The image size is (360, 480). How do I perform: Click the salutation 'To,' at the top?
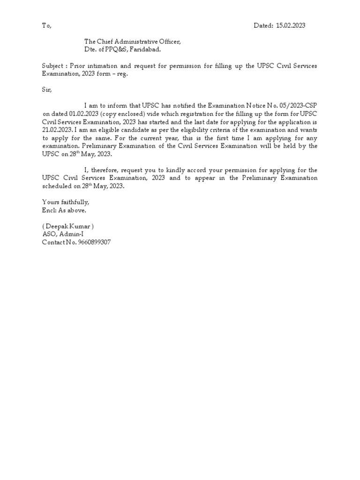coord(46,26)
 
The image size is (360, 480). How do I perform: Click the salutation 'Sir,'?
coord(47,89)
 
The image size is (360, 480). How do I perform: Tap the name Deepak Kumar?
coord(70,226)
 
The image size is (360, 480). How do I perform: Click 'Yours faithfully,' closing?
coord(65,202)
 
